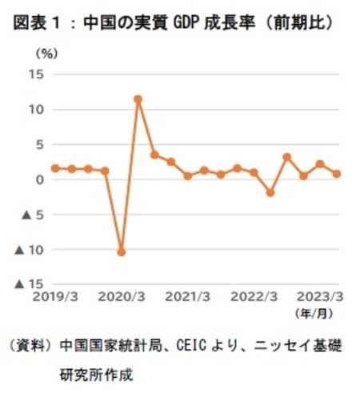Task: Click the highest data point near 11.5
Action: pos(138,99)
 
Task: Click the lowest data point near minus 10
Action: pos(121,252)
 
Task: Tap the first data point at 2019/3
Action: pos(54,168)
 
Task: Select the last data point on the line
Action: pos(337,174)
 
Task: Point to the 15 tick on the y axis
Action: pos(37,74)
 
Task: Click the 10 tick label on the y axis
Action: pos(37,109)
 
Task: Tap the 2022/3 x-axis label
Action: pos(254,296)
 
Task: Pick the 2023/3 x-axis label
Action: pos(321,296)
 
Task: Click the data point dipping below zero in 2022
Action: pos(270,193)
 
